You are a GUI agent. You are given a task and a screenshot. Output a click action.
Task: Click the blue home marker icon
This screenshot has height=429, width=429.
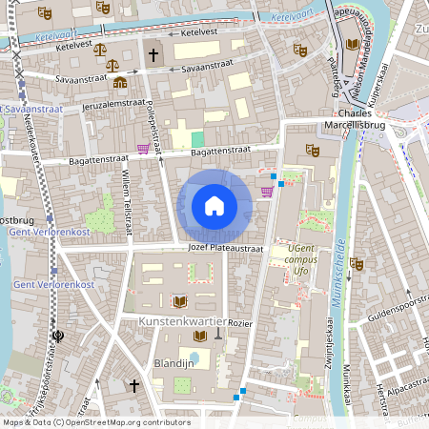214,206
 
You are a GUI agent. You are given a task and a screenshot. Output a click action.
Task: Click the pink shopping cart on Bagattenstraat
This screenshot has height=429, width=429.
143,148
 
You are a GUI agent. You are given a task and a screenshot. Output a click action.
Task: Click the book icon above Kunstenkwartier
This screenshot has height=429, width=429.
180,301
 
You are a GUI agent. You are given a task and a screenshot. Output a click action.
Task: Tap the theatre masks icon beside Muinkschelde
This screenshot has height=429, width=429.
357,263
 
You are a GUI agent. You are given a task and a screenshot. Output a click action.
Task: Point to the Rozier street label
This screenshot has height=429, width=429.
240,323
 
